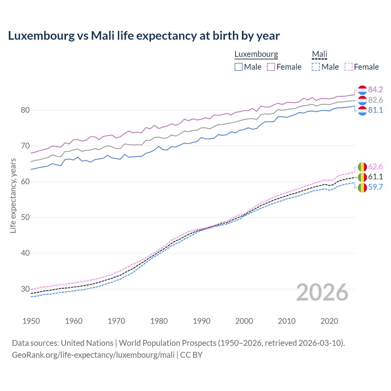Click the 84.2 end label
click(x=375, y=90)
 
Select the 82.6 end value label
click(x=375, y=100)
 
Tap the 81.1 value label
click(x=375, y=110)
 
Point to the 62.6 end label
click(x=375, y=166)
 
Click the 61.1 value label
click(x=375, y=177)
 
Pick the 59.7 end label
click(x=375, y=187)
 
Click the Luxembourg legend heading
click(x=256, y=54)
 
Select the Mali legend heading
click(x=319, y=54)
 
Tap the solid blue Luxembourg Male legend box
click(x=239, y=67)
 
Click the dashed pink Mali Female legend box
click(x=349, y=67)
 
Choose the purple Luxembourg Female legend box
click(x=271, y=67)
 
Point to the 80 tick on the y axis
click(x=25, y=110)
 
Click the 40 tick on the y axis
click(x=25, y=253)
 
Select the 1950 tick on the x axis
click(x=31, y=321)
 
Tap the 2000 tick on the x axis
click(x=244, y=321)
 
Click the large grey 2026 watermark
click(x=322, y=292)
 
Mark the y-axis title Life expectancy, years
click(x=13, y=195)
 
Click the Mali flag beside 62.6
click(x=362, y=167)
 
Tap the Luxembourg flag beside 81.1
click(x=362, y=111)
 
